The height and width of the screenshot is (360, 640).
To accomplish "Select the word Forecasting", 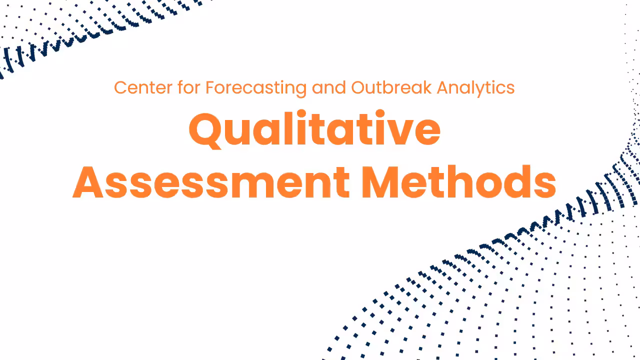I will (256, 88).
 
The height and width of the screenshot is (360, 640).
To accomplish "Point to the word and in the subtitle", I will (328, 88).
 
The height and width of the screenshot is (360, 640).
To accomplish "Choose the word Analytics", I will (475, 88).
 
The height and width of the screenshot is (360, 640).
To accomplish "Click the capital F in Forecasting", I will (210, 88).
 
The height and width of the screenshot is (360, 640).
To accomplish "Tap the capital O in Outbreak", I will (357, 88).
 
